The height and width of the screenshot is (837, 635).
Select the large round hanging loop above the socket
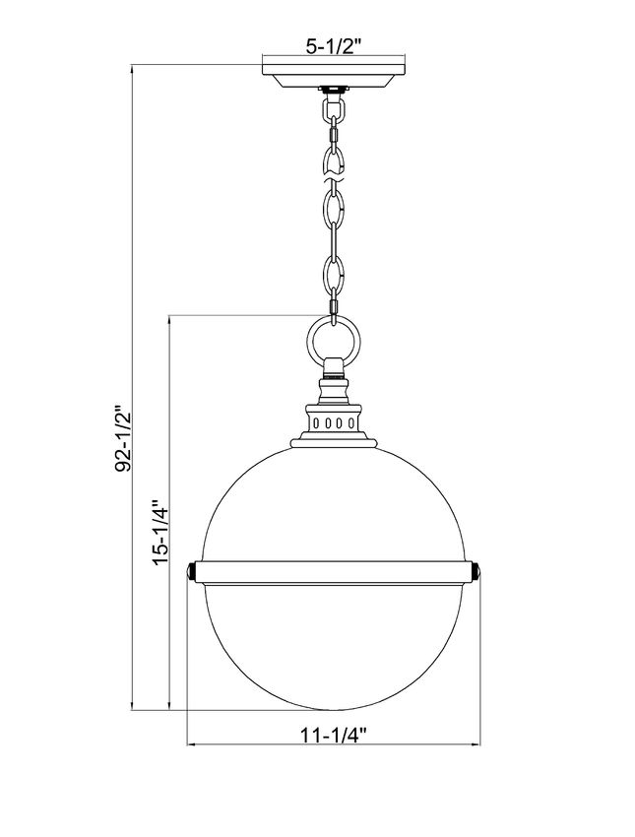[x=335, y=342]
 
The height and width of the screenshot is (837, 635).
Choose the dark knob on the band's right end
[x=476, y=570]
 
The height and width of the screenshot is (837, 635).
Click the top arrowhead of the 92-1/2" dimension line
[x=132, y=70]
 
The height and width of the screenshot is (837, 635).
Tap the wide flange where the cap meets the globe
[x=335, y=442]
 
